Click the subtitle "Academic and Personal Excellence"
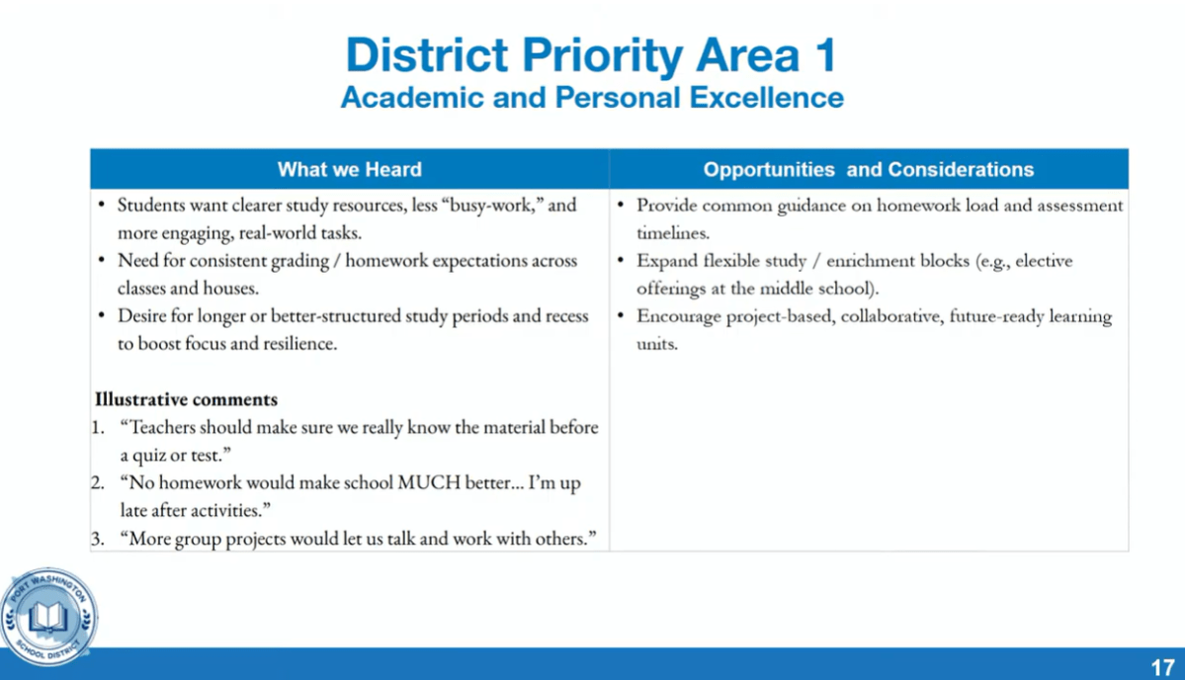click(x=591, y=98)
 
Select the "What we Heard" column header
click(x=349, y=170)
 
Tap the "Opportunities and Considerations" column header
click(x=868, y=170)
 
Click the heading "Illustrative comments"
click(x=186, y=400)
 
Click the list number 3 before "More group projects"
click(x=98, y=540)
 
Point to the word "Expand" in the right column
click(x=666, y=261)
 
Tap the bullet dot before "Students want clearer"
click(x=102, y=206)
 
